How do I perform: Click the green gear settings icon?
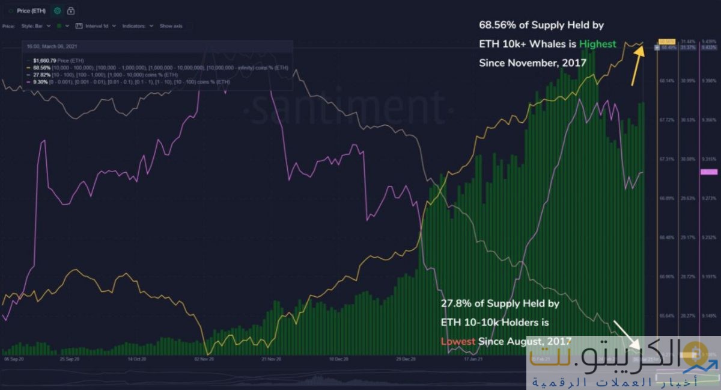coord(57,11)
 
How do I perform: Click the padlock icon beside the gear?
coord(71,11)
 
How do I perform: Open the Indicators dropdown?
coord(138,26)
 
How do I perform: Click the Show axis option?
coord(171,26)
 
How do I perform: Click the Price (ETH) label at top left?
coord(32,11)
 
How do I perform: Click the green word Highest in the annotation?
coord(597,44)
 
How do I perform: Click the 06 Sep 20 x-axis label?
coord(13,359)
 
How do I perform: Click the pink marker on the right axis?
coord(708,172)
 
